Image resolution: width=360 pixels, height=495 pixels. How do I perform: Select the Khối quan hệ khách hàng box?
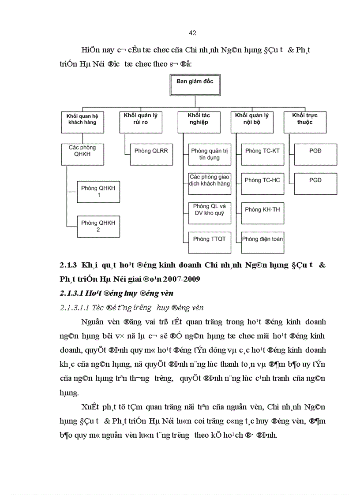click(x=83, y=122)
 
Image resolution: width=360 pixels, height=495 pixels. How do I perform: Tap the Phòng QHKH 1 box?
click(x=98, y=191)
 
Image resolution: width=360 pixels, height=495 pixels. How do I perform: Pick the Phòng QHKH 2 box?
click(x=98, y=226)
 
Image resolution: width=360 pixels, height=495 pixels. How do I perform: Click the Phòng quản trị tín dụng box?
click(x=210, y=154)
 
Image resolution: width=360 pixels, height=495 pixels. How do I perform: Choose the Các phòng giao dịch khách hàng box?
click(x=210, y=183)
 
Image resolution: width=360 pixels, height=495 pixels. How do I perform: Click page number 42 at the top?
click(x=192, y=33)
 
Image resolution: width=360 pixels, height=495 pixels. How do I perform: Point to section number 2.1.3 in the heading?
click(x=68, y=265)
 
